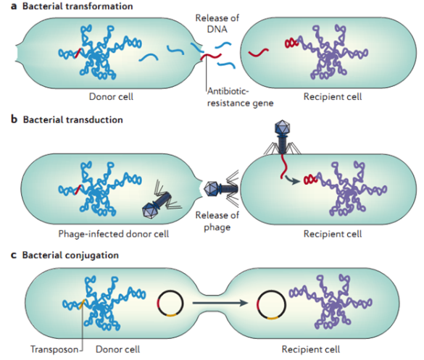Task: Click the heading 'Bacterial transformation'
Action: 66,7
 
